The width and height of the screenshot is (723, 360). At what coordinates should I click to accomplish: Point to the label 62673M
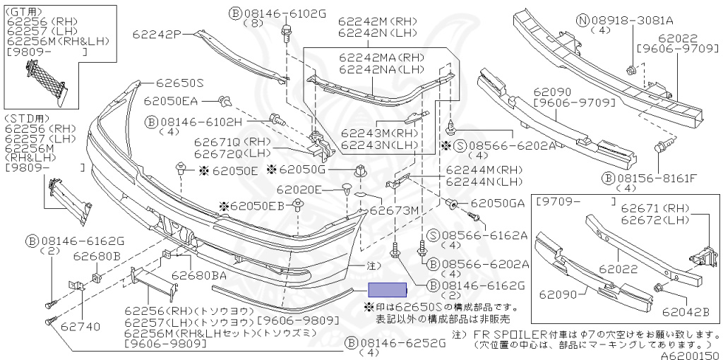(x=394, y=210)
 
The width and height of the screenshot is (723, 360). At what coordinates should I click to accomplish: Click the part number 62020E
(x=299, y=189)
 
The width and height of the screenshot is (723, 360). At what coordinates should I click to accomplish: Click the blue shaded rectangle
(x=386, y=289)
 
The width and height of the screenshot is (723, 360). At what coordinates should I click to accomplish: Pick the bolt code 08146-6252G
(x=402, y=343)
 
